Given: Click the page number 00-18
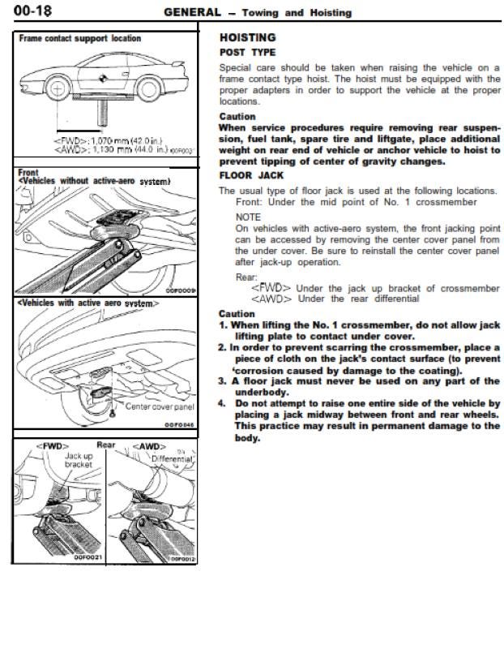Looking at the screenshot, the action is click(x=32, y=10).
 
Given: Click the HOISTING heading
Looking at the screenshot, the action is click(x=248, y=37).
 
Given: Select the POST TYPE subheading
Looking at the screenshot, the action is click(x=247, y=53).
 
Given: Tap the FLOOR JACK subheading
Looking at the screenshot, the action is click(x=251, y=175).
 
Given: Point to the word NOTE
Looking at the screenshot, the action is click(x=248, y=217).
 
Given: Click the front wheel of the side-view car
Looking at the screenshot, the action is click(x=58, y=88).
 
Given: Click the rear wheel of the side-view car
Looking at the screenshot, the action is click(x=148, y=89).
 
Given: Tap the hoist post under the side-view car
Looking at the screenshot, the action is click(x=103, y=113).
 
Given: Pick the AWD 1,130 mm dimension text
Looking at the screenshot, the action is click(x=111, y=149).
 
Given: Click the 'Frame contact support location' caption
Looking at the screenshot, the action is click(x=79, y=38).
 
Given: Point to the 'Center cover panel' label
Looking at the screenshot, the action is click(x=160, y=406).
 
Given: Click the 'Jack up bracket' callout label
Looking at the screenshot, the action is click(x=79, y=460).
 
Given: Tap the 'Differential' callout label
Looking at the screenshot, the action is click(x=172, y=459).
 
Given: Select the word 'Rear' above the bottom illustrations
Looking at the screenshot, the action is click(x=106, y=445).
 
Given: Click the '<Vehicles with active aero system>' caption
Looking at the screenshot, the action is click(x=88, y=303).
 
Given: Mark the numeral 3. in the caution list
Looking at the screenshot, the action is click(x=223, y=381).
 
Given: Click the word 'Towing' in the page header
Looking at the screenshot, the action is click(x=260, y=13).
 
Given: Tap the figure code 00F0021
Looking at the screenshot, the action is click(x=88, y=557).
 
